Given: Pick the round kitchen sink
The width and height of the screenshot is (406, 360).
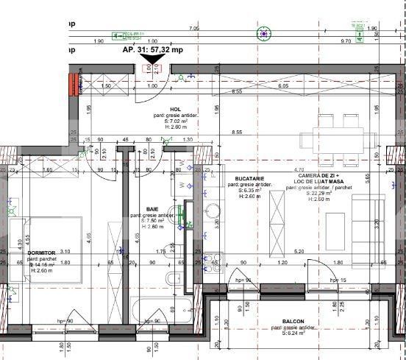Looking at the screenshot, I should point(214,211).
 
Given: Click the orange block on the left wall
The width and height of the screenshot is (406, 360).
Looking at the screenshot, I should point(74,84).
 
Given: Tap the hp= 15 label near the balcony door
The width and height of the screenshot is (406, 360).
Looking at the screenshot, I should point(338,280).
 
